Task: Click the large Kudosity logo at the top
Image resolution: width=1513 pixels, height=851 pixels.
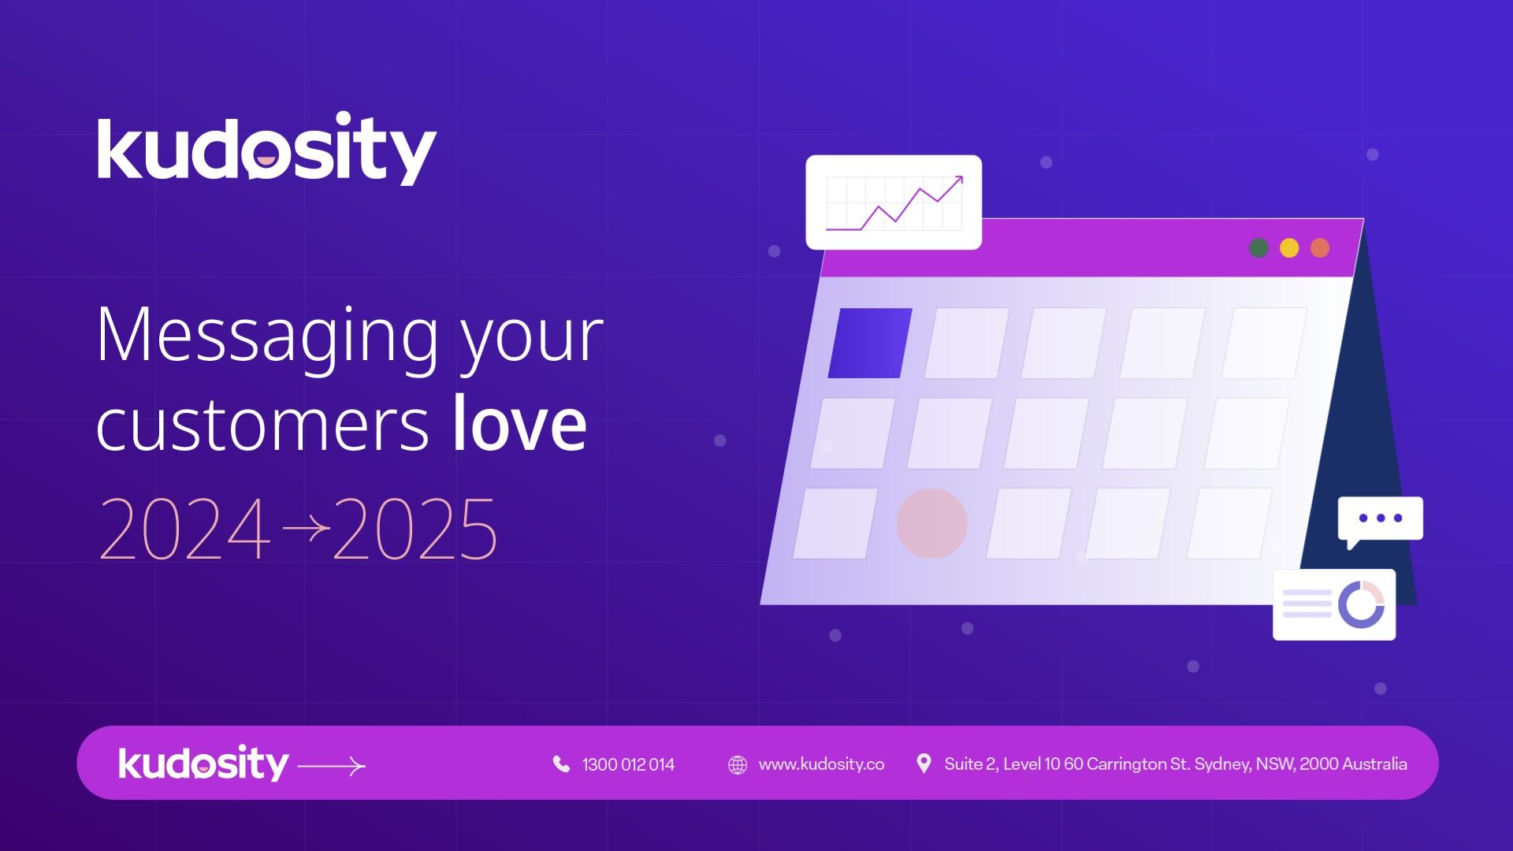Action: (x=266, y=148)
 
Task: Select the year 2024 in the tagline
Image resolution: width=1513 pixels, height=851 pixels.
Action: (x=184, y=528)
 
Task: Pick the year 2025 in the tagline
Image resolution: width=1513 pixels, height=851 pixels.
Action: (x=414, y=528)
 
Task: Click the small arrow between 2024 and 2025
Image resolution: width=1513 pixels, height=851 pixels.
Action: (x=306, y=527)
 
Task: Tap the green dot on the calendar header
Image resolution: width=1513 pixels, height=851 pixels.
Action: (x=1258, y=248)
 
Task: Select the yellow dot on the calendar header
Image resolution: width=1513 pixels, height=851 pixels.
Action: (x=1289, y=248)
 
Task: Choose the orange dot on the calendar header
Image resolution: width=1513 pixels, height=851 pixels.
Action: (x=1320, y=248)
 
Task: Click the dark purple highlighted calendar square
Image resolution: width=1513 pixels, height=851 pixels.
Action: (x=870, y=343)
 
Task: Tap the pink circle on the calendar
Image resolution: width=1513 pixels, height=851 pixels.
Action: (x=932, y=523)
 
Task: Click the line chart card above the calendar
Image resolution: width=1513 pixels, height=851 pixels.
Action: (x=894, y=203)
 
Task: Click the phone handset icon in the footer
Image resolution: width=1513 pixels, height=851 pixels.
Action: (x=561, y=764)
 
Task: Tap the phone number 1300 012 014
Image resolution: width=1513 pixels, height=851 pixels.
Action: (x=628, y=764)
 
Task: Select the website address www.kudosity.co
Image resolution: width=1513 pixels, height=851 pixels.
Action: (x=821, y=764)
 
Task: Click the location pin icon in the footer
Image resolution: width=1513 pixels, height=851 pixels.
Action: (x=924, y=764)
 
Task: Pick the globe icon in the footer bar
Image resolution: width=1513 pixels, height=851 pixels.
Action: (x=738, y=765)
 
